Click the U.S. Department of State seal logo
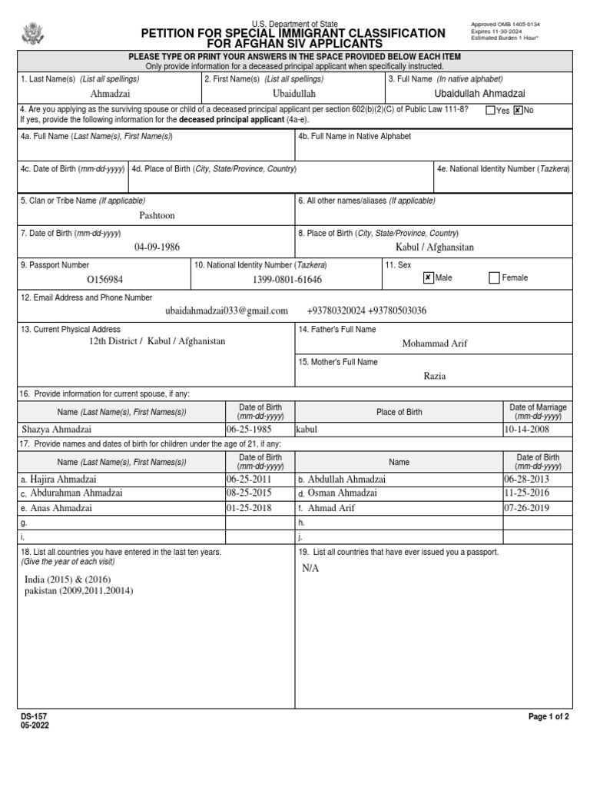click(x=33, y=35)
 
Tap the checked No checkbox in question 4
click(x=518, y=111)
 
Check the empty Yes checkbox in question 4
click(x=490, y=111)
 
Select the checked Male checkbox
click(x=429, y=277)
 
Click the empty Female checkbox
click(x=494, y=277)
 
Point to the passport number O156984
click(x=105, y=280)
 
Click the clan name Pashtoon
click(x=157, y=215)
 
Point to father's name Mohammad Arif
click(x=434, y=344)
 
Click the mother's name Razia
click(x=434, y=376)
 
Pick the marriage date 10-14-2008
click(x=528, y=430)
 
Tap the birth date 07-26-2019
click(x=528, y=507)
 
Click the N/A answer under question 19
click(x=310, y=568)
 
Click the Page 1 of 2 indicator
click(x=549, y=716)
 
